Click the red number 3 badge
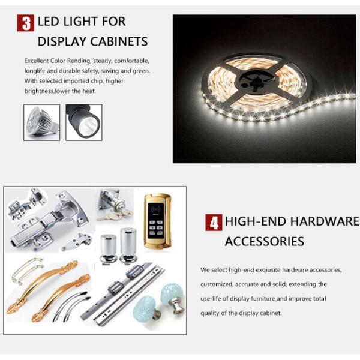(25, 23)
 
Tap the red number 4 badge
(214, 222)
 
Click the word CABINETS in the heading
(119, 41)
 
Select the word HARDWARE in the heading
(325, 221)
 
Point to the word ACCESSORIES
(265, 241)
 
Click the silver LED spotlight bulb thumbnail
(42, 122)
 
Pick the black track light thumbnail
(84, 122)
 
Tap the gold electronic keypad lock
(157, 221)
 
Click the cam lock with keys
(113, 205)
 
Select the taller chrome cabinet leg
(128, 245)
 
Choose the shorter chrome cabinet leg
(109, 248)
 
